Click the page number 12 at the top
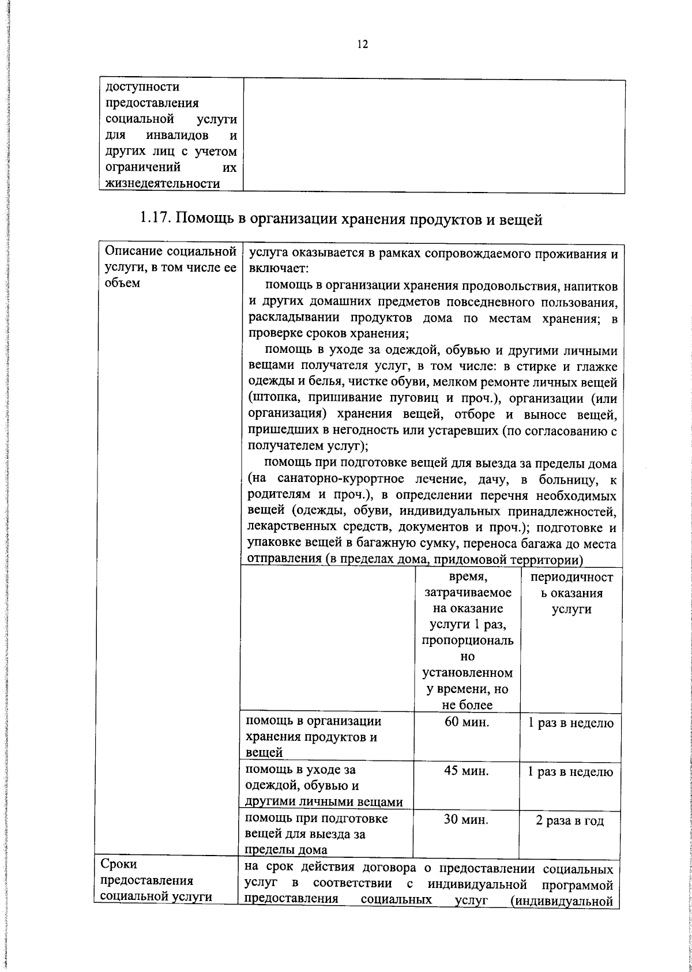coord(362,44)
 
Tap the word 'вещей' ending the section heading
coord(522,219)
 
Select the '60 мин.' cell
coord(467,722)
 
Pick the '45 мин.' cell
coord(467,771)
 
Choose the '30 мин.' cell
coord(466,820)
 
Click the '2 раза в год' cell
coord(570,821)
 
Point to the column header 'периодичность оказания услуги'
coord(570,593)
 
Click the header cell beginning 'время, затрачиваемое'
coord(467,640)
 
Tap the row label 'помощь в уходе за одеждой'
coord(323,785)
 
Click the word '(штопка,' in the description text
coord(270,398)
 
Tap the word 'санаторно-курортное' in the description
coord(340,479)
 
